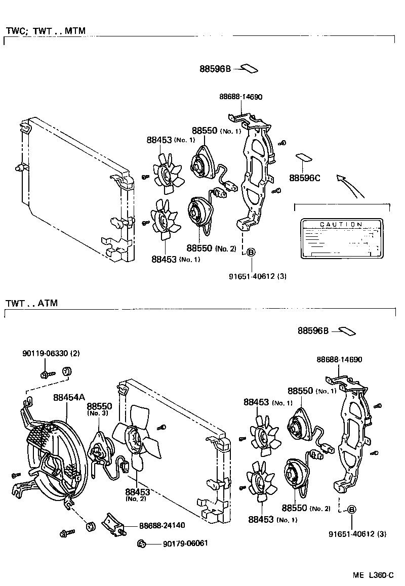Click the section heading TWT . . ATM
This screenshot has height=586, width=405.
(31, 304)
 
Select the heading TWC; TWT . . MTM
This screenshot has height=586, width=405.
(46, 31)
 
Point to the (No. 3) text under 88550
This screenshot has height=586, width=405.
(95, 413)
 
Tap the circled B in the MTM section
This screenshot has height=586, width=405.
(251, 252)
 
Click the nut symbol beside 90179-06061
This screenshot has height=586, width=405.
(142, 544)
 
